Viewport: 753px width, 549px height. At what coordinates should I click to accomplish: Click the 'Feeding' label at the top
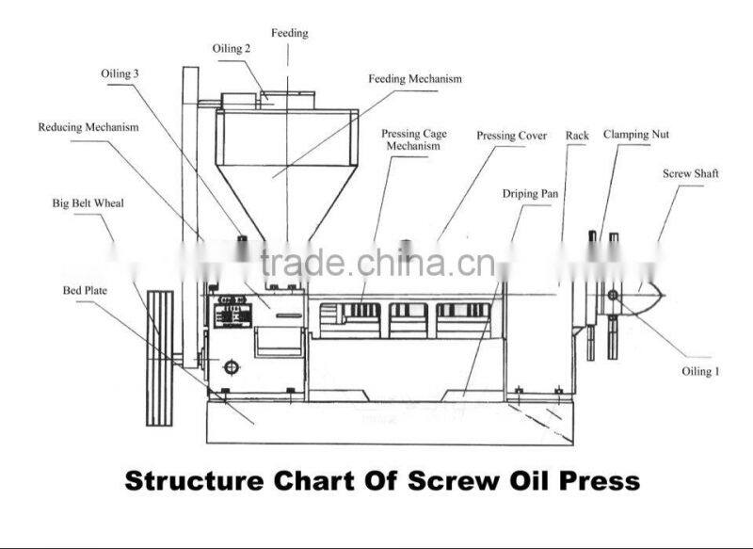290,33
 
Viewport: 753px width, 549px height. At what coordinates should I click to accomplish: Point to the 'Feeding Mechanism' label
415,79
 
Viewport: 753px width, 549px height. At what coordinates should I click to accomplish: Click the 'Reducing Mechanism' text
88,126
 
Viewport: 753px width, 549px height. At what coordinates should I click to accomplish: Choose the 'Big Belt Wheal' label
88,202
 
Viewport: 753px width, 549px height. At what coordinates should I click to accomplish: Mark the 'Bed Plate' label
85,291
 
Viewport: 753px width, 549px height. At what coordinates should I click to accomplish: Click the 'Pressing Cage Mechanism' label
413,139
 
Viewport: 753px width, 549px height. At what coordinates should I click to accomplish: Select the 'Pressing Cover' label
511,136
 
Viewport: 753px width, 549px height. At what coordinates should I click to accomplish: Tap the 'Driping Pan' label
530,194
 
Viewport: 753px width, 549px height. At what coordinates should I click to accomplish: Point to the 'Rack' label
577,136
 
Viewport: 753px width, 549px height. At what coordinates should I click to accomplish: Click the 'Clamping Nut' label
636,135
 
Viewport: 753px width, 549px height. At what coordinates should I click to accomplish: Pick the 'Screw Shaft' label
690,174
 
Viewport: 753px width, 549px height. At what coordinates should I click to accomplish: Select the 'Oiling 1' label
700,371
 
